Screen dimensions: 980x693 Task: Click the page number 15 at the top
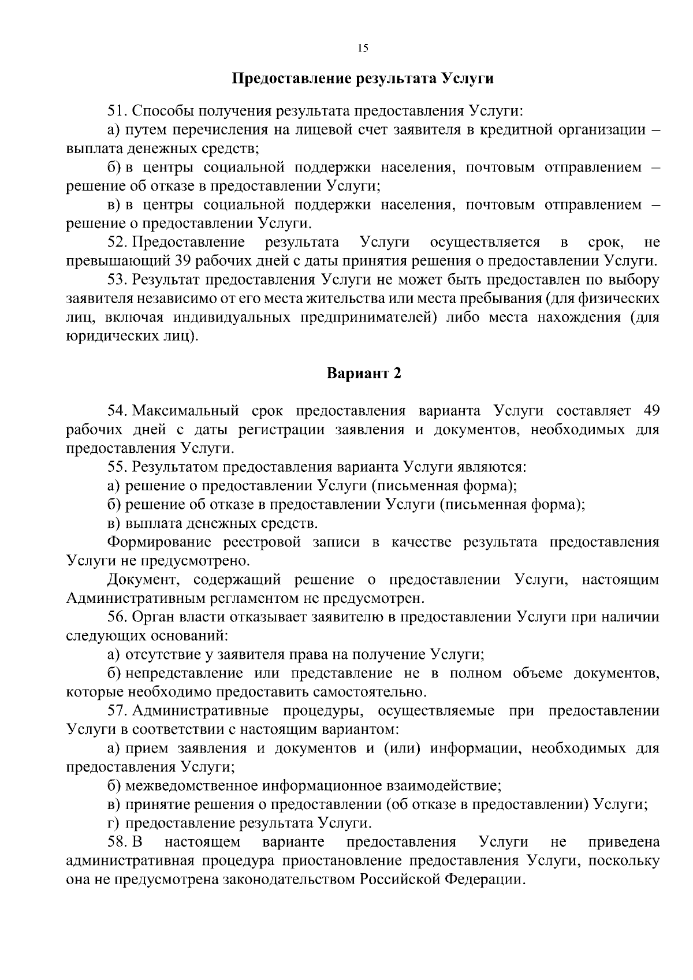(363, 49)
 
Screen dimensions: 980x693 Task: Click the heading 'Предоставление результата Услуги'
(363, 78)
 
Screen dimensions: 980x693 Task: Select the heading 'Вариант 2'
(364, 374)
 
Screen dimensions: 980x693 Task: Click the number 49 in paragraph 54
(651, 411)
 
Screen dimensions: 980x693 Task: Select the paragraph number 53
(118, 280)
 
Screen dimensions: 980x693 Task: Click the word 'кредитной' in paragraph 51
(517, 129)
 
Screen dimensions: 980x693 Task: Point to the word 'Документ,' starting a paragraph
(137, 579)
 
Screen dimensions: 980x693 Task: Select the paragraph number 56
(118, 617)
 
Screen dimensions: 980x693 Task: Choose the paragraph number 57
(118, 710)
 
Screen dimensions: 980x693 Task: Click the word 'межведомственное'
(192, 785)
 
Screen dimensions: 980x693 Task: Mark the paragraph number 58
(118, 841)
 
